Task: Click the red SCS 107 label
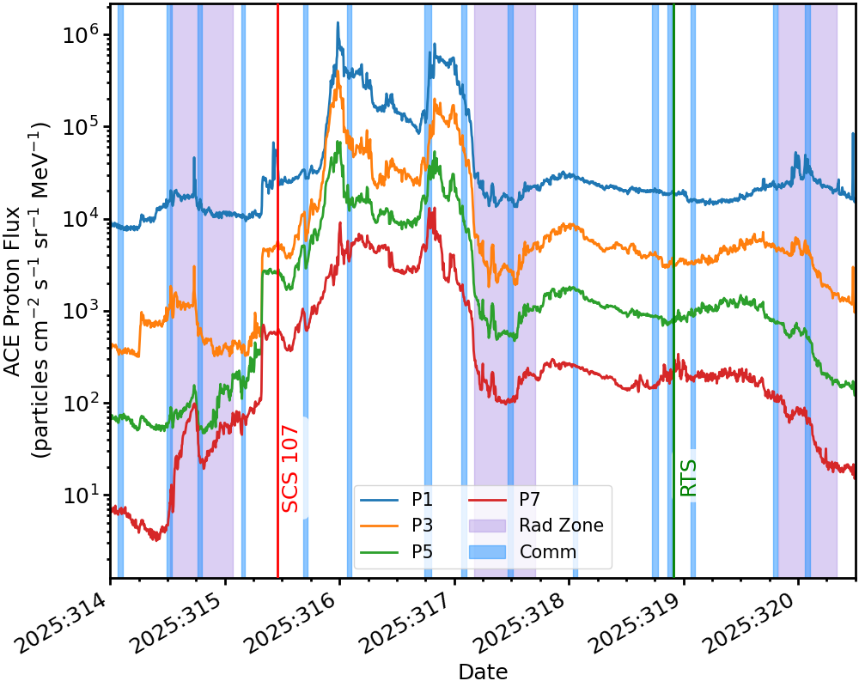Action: (290, 469)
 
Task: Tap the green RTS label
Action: (688, 477)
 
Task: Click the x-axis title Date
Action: (483, 672)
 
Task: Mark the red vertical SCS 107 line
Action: (277, 258)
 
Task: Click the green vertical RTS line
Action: (673, 258)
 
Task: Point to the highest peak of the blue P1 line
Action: (338, 23)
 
